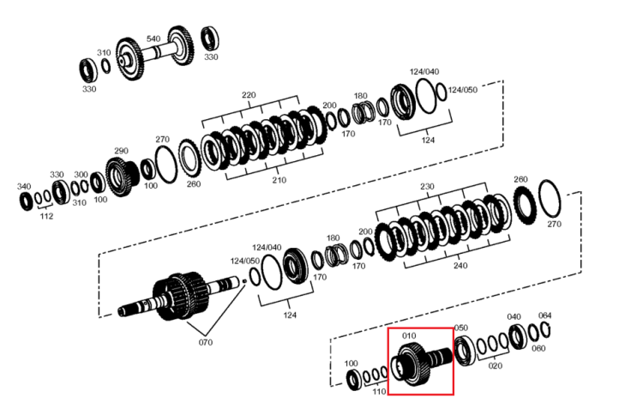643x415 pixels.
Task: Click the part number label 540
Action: click(153, 39)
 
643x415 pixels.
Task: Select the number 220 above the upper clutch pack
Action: click(249, 95)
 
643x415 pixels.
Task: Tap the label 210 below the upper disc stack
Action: click(279, 180)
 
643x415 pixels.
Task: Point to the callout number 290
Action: click(121, 151)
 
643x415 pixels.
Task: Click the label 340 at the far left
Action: click(24, 187)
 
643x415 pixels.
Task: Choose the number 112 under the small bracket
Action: click(46, 216)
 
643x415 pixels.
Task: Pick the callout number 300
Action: click(81, 175)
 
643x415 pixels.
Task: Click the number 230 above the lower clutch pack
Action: click(427, 187)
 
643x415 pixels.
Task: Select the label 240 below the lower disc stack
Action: click(460, 266)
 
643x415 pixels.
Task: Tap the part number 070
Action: click(206, 342)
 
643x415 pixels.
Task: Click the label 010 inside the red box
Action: click(409, 336)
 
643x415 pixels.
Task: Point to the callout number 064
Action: click(544, 316)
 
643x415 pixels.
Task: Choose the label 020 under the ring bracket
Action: click(495, 366)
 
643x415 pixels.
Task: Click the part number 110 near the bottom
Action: click(379, 392)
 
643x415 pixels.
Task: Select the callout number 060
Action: click(538, 349)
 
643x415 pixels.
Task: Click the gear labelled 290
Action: click(122, 176)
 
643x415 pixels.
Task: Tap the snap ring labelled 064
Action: click(546, 330)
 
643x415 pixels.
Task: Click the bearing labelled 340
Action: click(27, 201)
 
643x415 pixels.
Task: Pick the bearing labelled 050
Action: click(465, 351)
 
